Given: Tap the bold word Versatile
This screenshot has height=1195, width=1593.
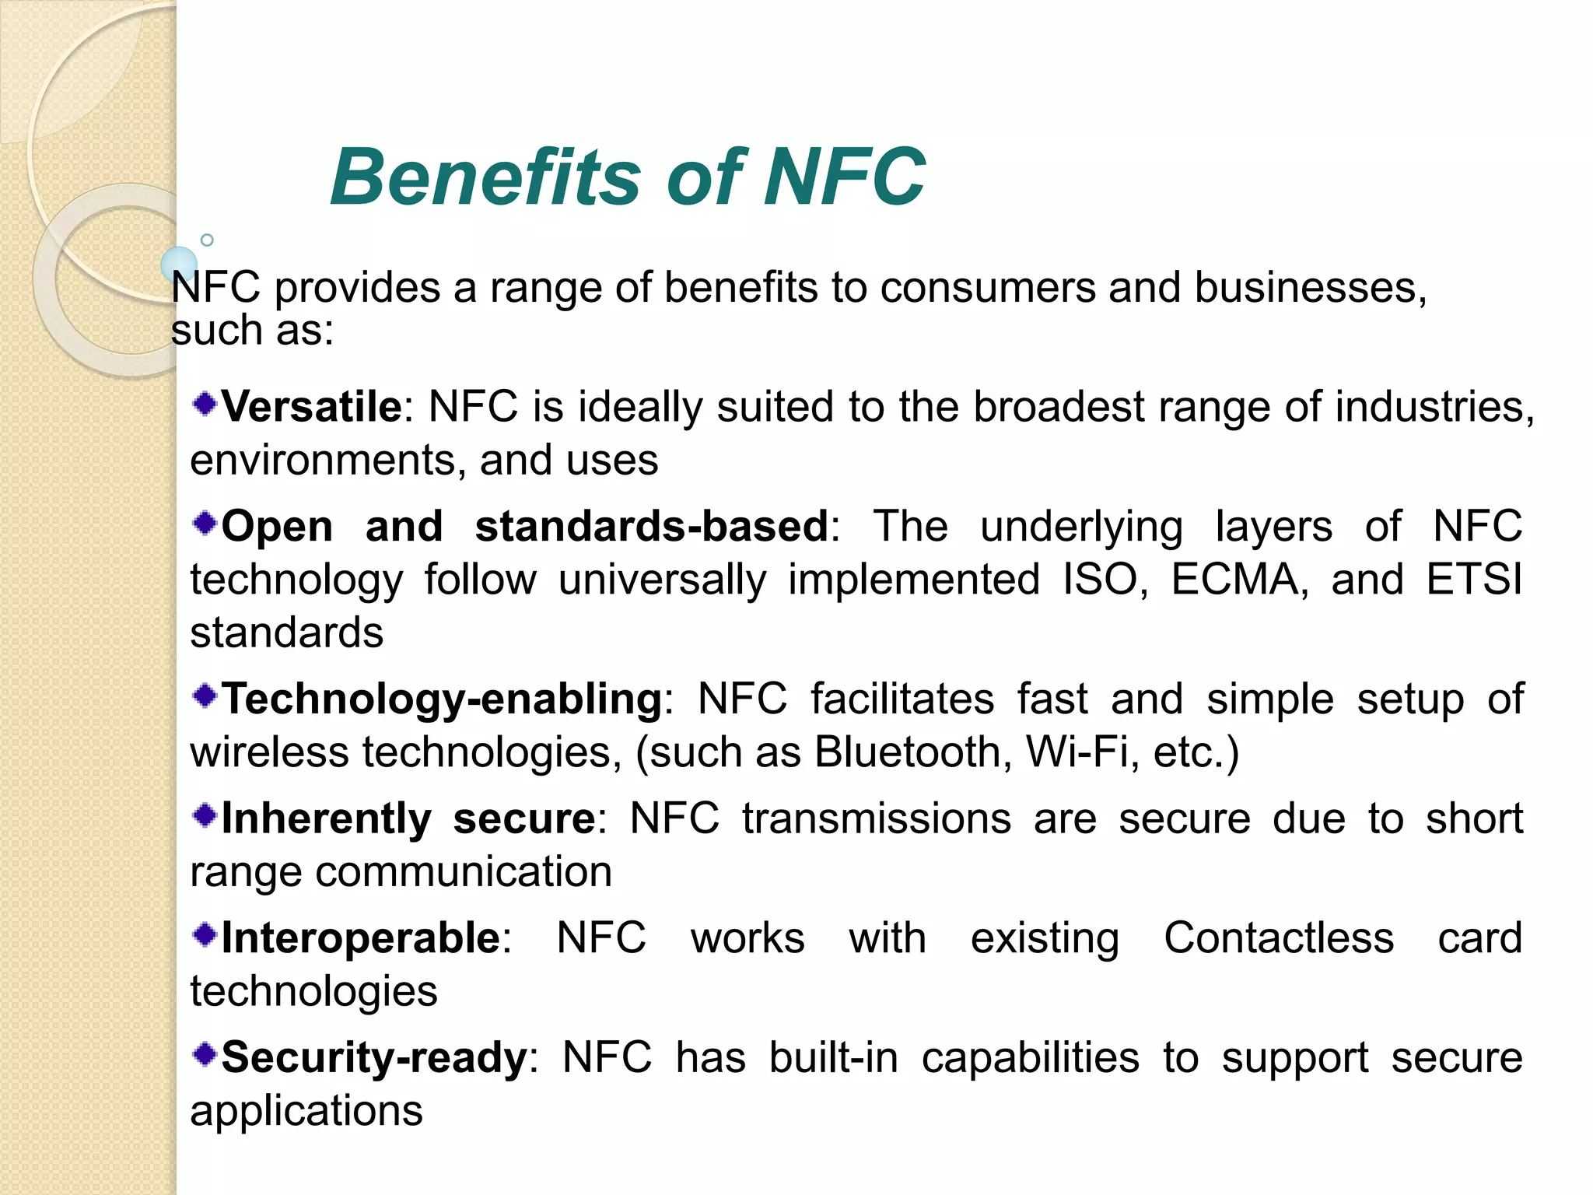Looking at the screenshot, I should click(x=311, y=407).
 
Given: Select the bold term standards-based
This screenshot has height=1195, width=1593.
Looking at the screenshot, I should click(x=652, y=527).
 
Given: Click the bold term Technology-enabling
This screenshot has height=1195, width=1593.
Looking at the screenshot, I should click(x=442, y=699).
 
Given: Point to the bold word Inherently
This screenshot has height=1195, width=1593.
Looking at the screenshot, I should click(x=326, y=818).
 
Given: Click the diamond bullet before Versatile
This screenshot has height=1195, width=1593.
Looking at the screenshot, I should click(x=205, y=404).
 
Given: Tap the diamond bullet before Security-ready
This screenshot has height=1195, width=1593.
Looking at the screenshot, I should click(x=205, y=1054).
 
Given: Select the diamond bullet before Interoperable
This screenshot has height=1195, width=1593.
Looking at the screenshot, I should click(x=205, y=934).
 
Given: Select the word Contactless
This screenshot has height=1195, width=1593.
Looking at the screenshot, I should click(x=1279, y=937).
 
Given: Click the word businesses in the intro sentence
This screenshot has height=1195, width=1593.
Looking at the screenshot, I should click(x=1310, y=288).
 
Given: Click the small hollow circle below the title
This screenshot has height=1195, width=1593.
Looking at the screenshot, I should click(x=207, y=240).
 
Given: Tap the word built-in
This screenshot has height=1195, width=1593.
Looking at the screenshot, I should click(x=833, y=1057).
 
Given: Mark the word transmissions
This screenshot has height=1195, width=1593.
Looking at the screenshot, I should click(x=877, y=818).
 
